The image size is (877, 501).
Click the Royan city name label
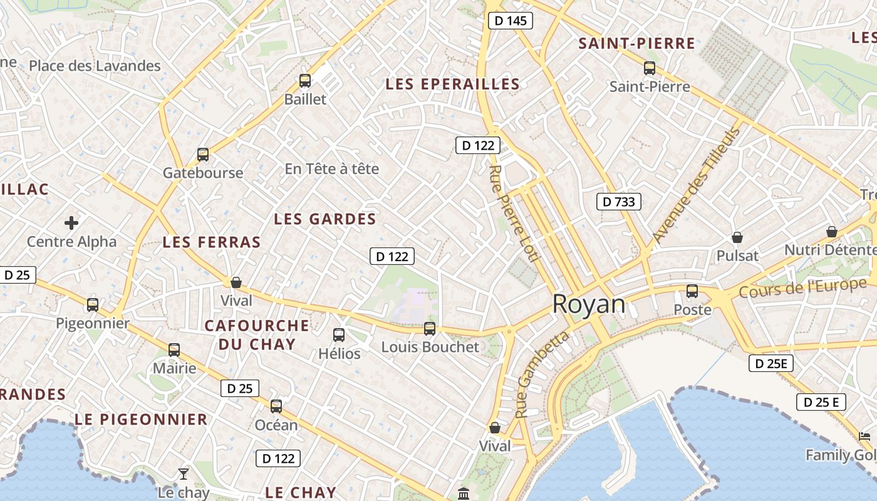[589, 304]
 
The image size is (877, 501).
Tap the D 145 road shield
[510, 21]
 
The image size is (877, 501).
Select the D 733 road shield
[618, 201]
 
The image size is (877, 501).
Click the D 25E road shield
[771, 363]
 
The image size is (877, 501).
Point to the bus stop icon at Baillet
[305, 81]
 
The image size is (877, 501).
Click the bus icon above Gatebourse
[203, 155]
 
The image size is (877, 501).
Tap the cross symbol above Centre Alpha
[71, 222]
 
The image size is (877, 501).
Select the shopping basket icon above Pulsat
[737, 238]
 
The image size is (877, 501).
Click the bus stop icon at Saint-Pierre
[650, 68]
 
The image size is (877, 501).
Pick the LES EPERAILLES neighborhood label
[452, 84]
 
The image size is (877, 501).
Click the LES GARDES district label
[325, 219]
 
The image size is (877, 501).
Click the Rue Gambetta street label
[542, 374]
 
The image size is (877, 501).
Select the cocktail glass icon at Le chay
[184, 473]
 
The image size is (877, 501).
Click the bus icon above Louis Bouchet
[430, 328]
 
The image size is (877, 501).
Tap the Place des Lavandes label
[95, 66]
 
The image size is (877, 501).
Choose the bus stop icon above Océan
[276, 406]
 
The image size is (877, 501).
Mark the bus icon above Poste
[692, 291]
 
